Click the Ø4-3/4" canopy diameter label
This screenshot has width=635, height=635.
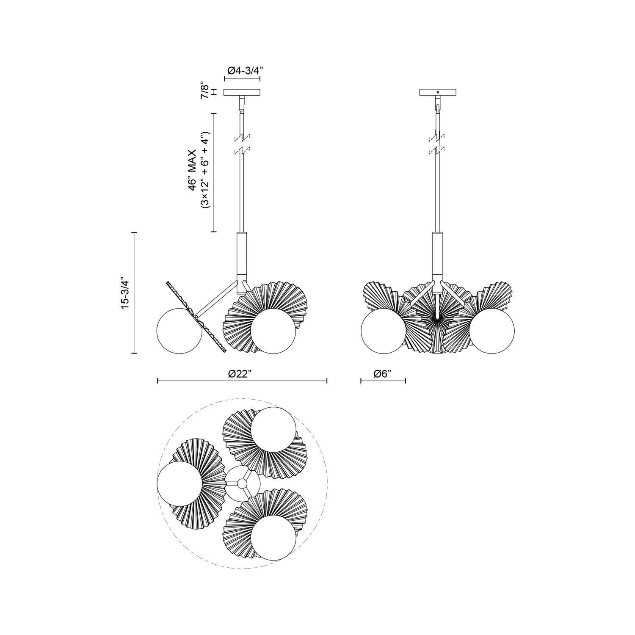242,71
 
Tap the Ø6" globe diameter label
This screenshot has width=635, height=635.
383,373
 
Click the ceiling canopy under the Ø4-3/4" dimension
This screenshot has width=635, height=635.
242,92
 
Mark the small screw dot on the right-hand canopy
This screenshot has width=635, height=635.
438,92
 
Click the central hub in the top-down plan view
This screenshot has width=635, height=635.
242,483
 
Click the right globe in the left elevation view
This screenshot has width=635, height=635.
273,331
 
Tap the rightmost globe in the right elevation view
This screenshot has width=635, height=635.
492,331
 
